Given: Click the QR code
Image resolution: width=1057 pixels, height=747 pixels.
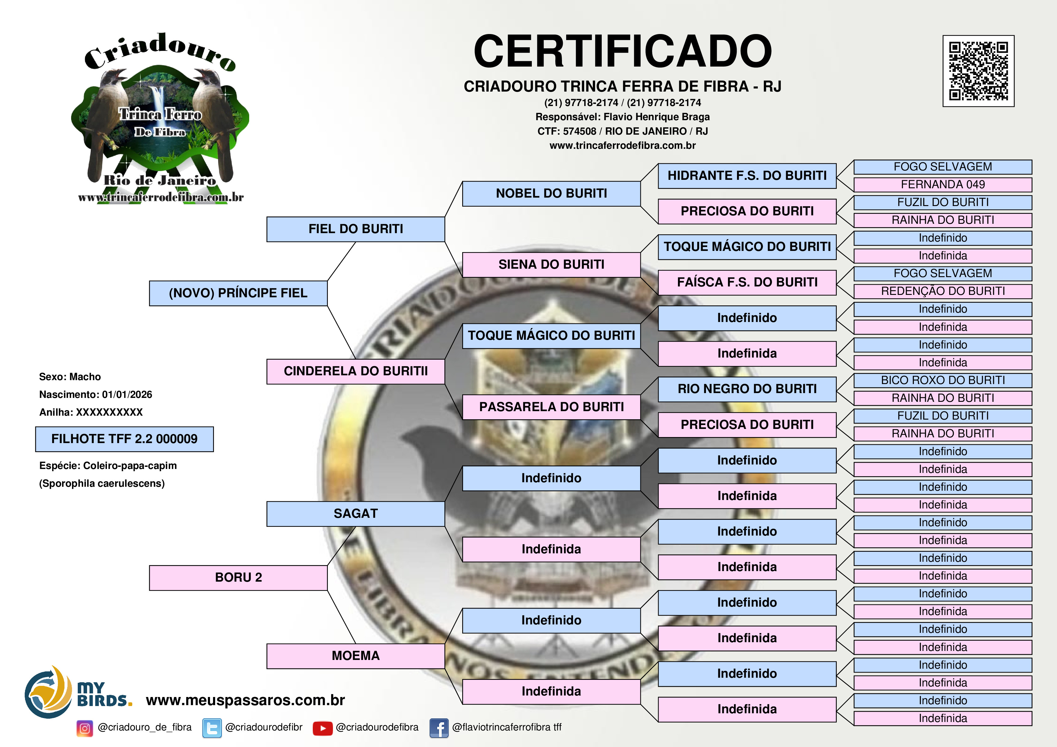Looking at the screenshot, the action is [x=978, y=71].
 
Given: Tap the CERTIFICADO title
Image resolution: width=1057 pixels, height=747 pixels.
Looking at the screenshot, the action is [x=623, y=51].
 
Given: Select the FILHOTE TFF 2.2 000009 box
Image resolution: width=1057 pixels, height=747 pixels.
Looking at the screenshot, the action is [x=124, y=439].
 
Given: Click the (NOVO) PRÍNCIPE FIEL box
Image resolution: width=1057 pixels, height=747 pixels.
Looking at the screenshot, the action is [x=238, y=293].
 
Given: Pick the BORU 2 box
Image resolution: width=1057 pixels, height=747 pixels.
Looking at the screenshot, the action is [x=238, y=578].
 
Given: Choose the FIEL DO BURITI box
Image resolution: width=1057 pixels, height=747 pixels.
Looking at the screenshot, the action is [x=356, y=229].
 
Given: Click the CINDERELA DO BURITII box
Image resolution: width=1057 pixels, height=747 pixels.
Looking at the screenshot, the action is [x=356, y=371].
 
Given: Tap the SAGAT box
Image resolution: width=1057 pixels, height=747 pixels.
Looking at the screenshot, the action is [x=356, y=514].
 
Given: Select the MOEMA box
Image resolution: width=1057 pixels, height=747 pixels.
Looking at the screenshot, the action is [x=356, y=656].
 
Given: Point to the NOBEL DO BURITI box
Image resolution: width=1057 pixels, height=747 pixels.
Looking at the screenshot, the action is [x=551, y=194].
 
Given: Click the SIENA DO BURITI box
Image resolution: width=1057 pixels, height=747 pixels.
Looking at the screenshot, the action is [x=551, y=265].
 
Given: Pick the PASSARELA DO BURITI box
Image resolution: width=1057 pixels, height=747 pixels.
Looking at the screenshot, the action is [x=551, y=407].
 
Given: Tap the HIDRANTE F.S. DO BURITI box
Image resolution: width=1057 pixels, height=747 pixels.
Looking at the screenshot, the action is [x=747, y=176].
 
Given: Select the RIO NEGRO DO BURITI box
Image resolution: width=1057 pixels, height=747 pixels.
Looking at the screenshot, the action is [x=747, y=389].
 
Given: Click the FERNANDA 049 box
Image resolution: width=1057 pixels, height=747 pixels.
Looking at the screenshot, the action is [x=943, y=185].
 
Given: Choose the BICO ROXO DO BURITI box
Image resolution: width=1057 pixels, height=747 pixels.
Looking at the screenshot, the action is [x=943, y=380].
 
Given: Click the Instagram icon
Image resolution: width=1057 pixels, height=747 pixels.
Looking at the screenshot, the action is [x=85, y=728].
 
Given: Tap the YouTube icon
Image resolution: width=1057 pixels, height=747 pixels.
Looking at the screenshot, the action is [x=323, y=728].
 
